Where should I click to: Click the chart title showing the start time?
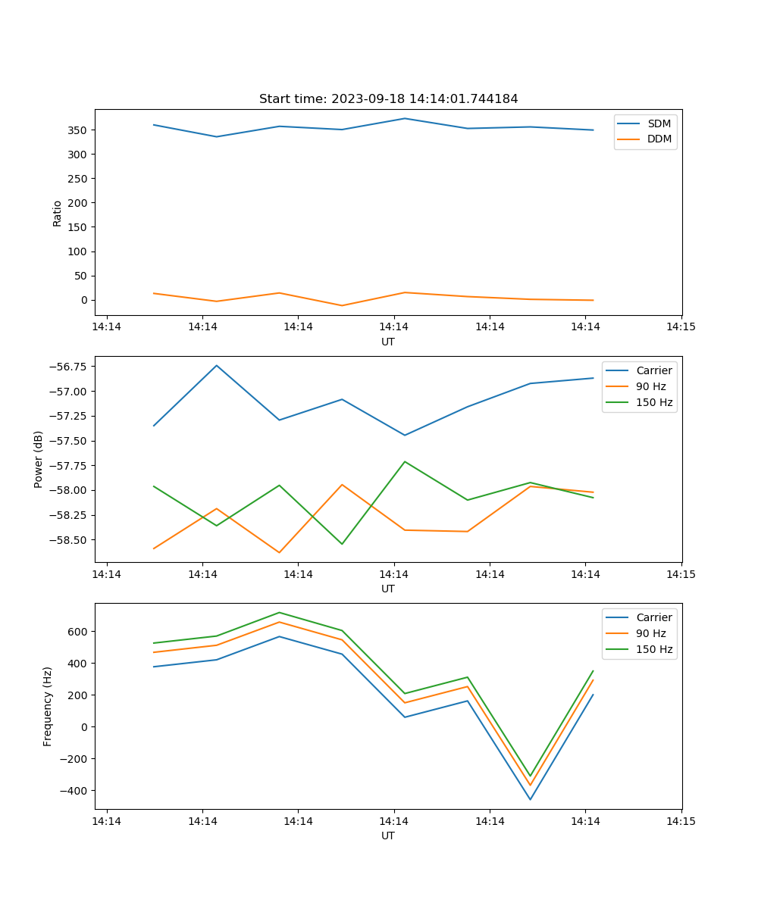[388, 99]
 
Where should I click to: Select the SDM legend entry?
[659, 123]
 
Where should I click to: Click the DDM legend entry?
[659, 139]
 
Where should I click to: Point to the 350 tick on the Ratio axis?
[79, 130]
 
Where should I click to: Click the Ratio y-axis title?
[58, 212]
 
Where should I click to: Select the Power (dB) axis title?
[39, 459]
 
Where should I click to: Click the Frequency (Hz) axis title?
[48, 706]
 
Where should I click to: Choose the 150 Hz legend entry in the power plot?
[654, 402]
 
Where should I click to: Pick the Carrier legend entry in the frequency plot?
[653, 617]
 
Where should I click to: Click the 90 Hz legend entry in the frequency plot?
[650, 633]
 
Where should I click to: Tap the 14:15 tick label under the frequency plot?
[681, 820]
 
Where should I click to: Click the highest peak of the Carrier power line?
[217, 366]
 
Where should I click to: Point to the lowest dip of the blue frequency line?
[530, 799]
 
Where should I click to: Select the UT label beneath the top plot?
[388, 342]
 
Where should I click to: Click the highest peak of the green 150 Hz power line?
[405, 461]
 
